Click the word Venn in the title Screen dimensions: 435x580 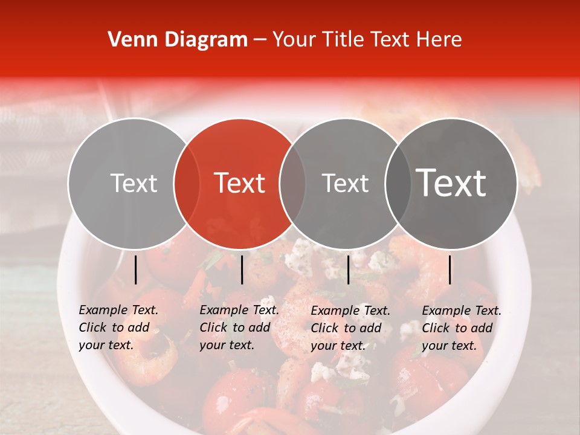point(129,40)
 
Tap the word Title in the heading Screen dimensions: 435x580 point(342,40)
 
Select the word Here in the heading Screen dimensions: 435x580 point(439,40)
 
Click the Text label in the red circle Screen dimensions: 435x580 point(240,183)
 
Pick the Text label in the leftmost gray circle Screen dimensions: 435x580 point(134,183)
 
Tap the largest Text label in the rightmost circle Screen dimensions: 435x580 point(451,183)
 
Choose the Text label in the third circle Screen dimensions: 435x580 point(345,183)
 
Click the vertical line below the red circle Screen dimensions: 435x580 point(242,269)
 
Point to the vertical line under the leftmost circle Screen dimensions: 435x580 point(135,269)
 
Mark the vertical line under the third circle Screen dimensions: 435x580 point(348,269)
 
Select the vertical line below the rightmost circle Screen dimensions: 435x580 point(450,269)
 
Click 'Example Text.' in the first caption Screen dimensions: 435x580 point(118,310)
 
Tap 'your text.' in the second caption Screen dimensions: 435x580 point(227,345)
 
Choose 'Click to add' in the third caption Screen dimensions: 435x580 point(346,328)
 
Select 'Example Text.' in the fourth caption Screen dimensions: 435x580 point(462,311)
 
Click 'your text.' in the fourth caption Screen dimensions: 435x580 point(449,346)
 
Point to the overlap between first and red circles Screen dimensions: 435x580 point(187,183)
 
